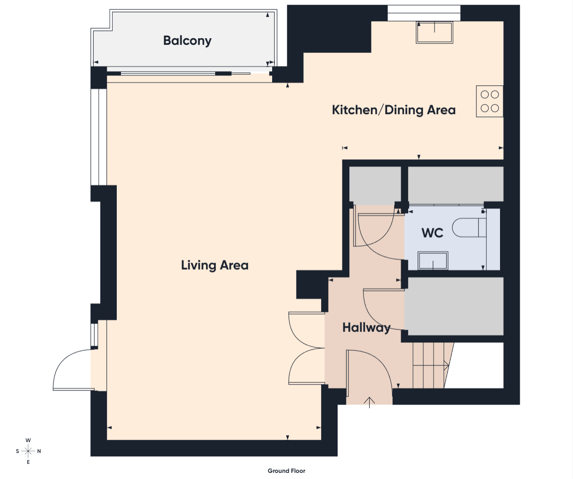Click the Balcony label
pyautogui.click(x=187, y=41)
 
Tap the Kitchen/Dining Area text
pyautogui.click(x=394, y=110)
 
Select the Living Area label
pyautogui.click(x=215, y=265)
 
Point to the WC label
pyautogui.click(x=432, y=233)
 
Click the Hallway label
pyautogui.click(x=366, y=328)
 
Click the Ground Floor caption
pyautogui.click(x=286, y=471)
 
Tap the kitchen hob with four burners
pyautogui.click(x=490, y=101)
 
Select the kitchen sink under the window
pyautogui.click(x=435, y=33)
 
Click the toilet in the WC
pyautogui.click(x=469, y=228)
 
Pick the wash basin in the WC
pyautogui.click(x=433, y=261)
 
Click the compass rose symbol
pyautogui.click(x=28, y=451)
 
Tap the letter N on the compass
pyautogui.click(x=39, y=451)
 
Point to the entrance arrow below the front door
pyautogui.click(x=370, y=402)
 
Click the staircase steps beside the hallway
pyautogui.click(x=431, y=365)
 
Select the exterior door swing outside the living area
pyautogui.click(x=73, y=370)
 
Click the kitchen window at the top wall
pyautogui.click(x=424, y=13)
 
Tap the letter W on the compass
pyautogui.click(x=28, y=440)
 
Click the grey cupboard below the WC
pyautogui.click(x=454, y=306)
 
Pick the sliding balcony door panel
pyautogui.click(x=168, y=74)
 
